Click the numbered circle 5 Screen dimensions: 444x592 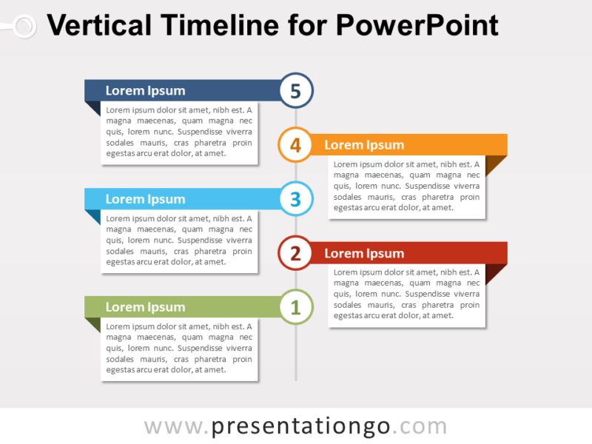pyautogui.click(x=296, y=91)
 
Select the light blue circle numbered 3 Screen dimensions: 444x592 pyautogui.click(x=296, y=199)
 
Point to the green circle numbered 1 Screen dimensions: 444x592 pyautogui.click(x=296, y=307)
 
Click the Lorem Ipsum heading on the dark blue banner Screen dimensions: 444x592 pyautogui.click(x=145, y=91)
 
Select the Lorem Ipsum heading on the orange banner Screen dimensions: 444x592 pyautogui.click(x=364, y=145)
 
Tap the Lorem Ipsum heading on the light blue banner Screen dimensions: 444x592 pyautogui.click(x=145, y=199)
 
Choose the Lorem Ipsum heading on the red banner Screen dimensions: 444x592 pyautogui.click(x=364, y=254)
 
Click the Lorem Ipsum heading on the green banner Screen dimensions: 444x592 pyautogui.click(x=145, y=307)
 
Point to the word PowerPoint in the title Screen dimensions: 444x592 pyautogui.click(x=417, y=26)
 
